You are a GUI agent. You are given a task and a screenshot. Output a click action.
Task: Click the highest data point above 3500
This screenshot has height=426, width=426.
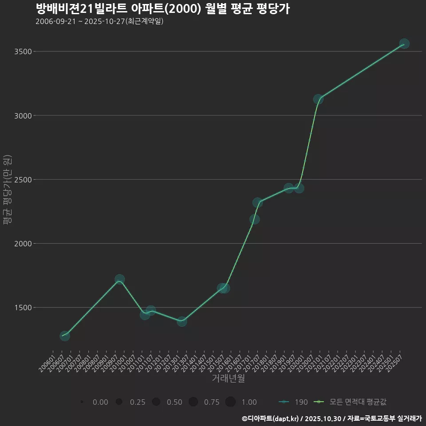point(404,43)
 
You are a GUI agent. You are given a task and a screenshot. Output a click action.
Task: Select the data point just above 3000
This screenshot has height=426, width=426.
point(318,99)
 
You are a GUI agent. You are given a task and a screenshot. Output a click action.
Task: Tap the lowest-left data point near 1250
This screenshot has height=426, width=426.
point(65,336)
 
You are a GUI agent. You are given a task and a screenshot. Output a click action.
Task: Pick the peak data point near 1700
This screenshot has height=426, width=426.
point(119,280)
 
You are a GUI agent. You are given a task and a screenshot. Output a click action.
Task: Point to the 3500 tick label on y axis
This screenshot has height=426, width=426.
point(23,51)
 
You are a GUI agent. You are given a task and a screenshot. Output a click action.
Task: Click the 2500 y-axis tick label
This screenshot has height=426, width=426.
point(23,180)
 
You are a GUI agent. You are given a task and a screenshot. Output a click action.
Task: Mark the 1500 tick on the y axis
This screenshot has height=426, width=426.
point(23,308)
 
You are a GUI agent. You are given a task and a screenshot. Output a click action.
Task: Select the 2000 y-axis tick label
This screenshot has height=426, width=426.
point(23,244)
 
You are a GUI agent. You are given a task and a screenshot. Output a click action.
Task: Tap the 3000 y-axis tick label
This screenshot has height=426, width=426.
point(23,116)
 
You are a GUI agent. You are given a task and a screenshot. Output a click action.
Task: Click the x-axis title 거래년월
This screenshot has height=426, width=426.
point(228,379)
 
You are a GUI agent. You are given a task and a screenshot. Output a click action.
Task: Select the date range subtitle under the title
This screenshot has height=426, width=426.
point(99,21)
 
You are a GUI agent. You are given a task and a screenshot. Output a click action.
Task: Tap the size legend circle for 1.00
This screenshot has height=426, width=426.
point(230,402)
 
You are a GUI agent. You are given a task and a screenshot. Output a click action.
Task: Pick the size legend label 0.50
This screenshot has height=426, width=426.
point(174,402)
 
